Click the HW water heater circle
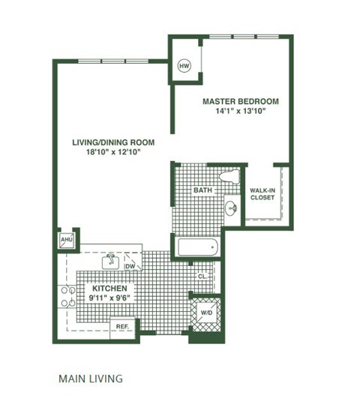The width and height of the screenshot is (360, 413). click(x=183, y=67)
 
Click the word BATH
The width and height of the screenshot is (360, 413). click(x=202, y=191)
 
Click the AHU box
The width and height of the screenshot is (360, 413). click(x=64, y=241)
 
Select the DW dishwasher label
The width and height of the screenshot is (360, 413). click(x=130, y=265)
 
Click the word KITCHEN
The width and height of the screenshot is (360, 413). click(x=109, y=288)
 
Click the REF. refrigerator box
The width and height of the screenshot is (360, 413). click(x=123, y=326)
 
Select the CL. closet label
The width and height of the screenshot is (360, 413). click(x=202, y=276)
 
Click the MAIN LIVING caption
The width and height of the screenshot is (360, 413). click(x=90, y=379)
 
